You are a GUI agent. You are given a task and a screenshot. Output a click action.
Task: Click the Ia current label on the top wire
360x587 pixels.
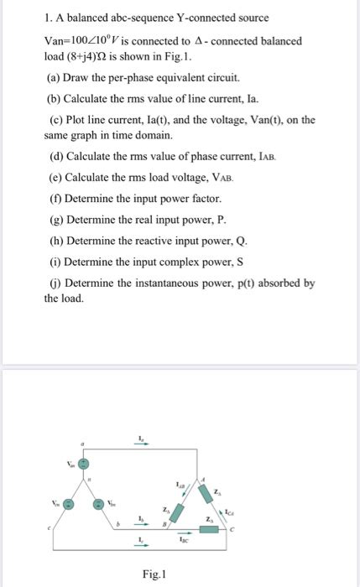tap(141, 439)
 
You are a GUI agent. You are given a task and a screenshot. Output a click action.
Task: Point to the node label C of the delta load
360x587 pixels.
tap(243, 528)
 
